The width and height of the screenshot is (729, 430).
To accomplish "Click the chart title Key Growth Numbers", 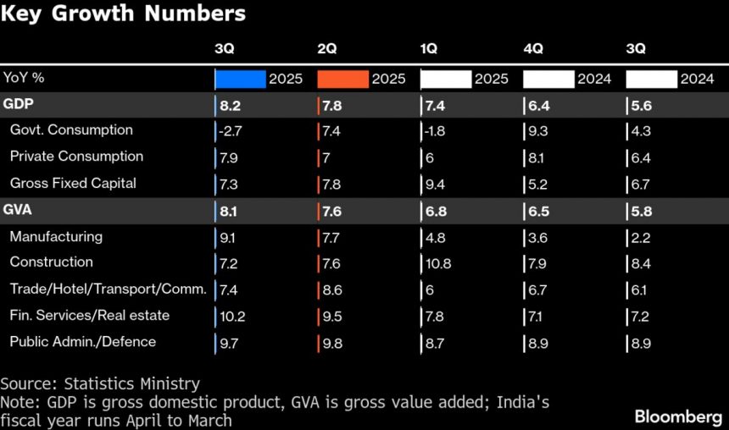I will [125, 14].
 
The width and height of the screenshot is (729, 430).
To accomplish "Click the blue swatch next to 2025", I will [241, 79].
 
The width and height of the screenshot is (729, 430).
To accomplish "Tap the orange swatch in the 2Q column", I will [343, 79].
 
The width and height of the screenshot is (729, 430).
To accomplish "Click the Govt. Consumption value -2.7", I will [231, 131].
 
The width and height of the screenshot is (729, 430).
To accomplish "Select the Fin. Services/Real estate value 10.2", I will [232, 317].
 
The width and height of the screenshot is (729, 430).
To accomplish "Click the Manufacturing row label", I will [56, 237].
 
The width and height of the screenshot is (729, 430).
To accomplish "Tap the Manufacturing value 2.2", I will [640, 237].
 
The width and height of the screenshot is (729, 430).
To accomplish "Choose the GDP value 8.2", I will [231, 106].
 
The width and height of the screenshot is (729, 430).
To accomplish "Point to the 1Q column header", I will [430, 48].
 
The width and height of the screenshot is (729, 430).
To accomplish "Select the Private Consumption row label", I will [76, 157].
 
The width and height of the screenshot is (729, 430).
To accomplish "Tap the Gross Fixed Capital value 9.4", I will [437, 184].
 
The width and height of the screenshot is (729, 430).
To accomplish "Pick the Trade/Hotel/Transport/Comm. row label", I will [108, 289].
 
